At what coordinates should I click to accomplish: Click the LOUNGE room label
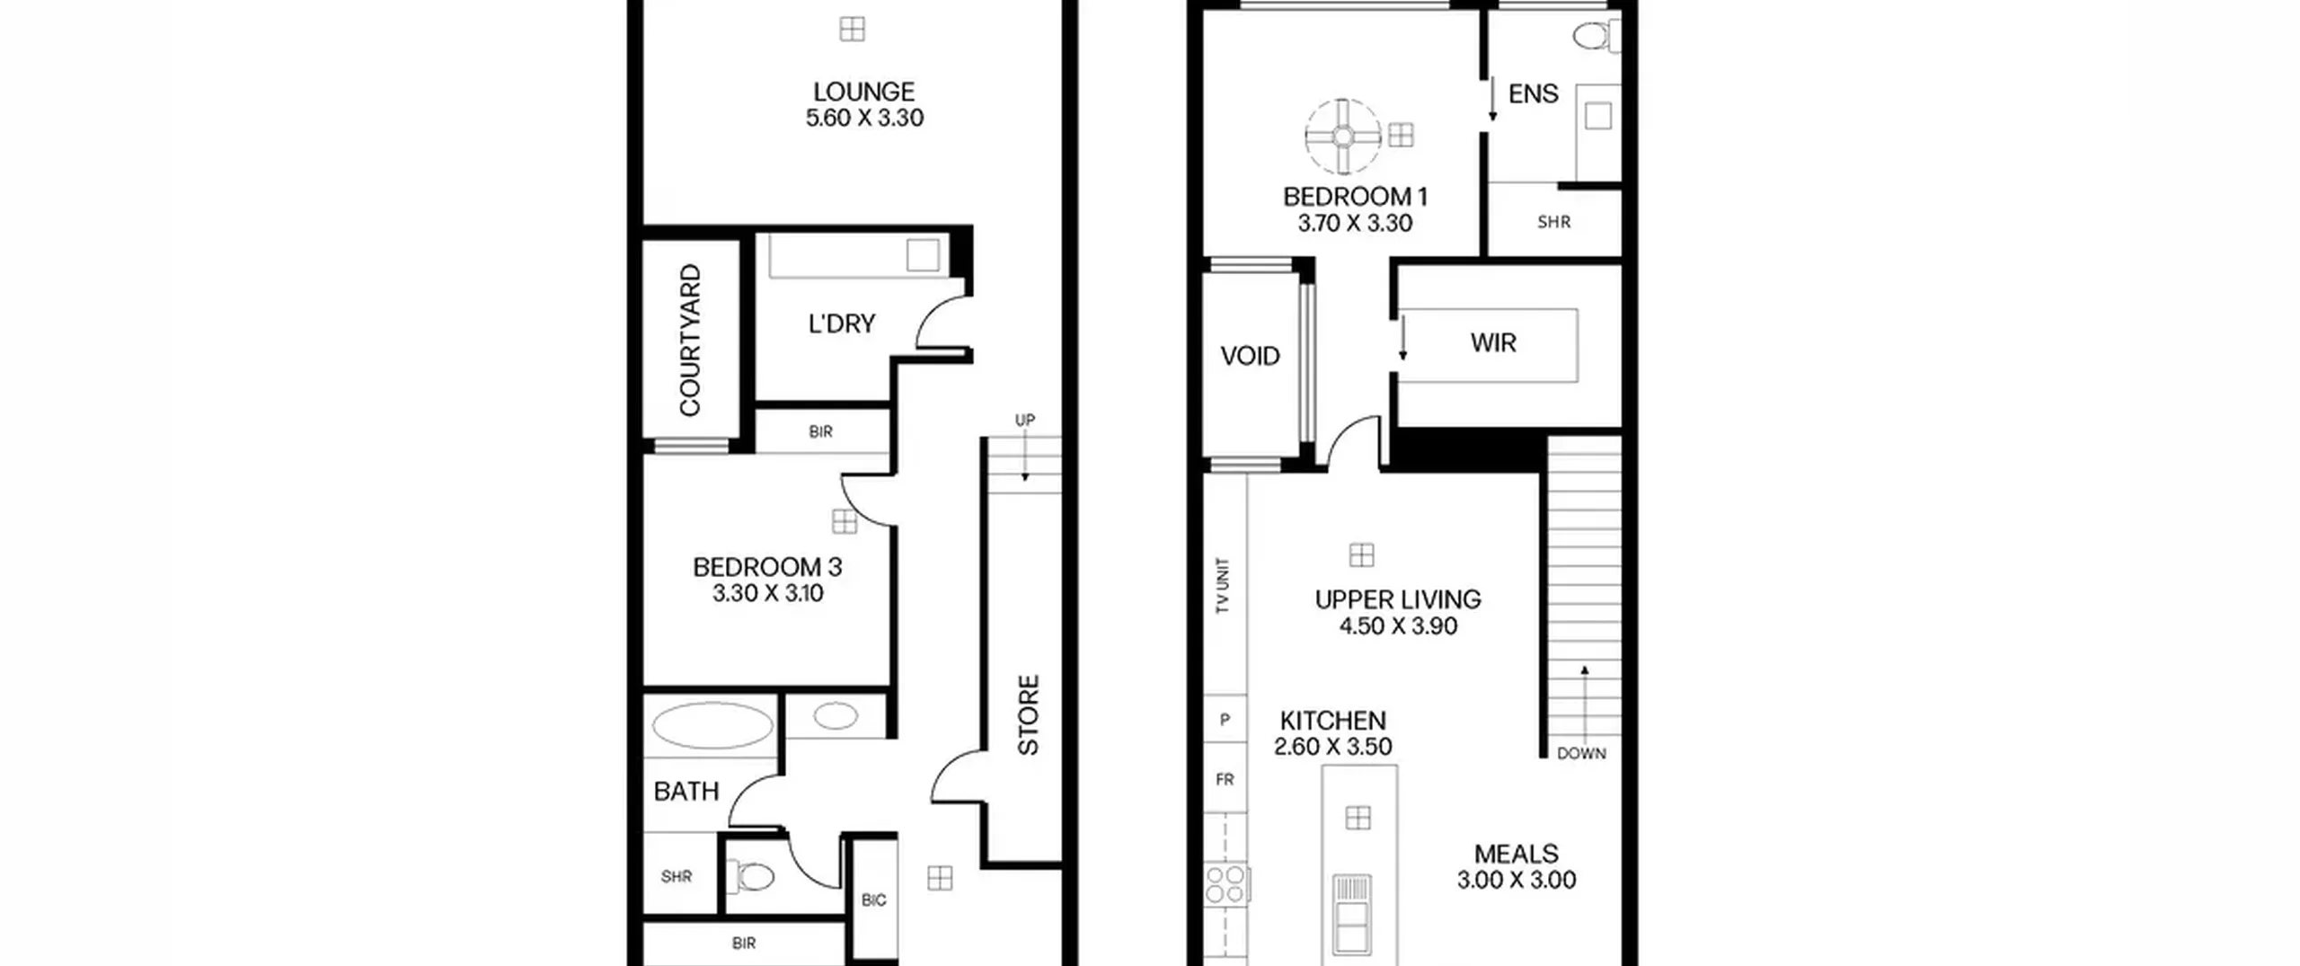pyautogui.click(x=863, y=92)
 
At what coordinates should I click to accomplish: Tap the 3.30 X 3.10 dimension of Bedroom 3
pyautogui.click(x=768, y=593)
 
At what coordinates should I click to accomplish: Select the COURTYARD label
pyautogui.click(x=690, y=340)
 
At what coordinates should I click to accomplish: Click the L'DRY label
pyautogui.click(x=842, y=323)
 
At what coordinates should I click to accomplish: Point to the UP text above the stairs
pyautogui.click(x=1025, y=420)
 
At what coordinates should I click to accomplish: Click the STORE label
pyautogui.click(x=1028, y=714)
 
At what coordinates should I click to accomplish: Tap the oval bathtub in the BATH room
pyautogui.click(x=712, y=726)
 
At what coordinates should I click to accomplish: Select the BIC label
pyautogui.click(x=873, y=900)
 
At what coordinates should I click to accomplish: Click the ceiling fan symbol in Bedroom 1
pyautogui.click(x=1342, y=136)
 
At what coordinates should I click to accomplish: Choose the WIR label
pyautogui.click(x=1493, y=342)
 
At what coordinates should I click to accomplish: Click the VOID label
pyautogui.click(x=1250, y=357)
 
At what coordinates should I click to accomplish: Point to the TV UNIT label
pyautogui.click(x=1222, y=586)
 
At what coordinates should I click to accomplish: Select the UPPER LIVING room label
pyautogui.click(x=1398, y=599)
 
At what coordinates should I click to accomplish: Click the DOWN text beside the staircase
pyautogui.click(x=1581, y=753)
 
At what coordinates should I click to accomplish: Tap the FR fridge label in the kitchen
pyautogui.click(x=1225, y=780)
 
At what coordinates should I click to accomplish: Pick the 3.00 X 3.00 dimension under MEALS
pyautogui.click(x=1517, y=880)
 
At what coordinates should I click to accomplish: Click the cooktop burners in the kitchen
pyautogui.click(x=1225, y=883)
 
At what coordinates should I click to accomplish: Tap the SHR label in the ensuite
pyautogui.click(x=1553, y=222)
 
